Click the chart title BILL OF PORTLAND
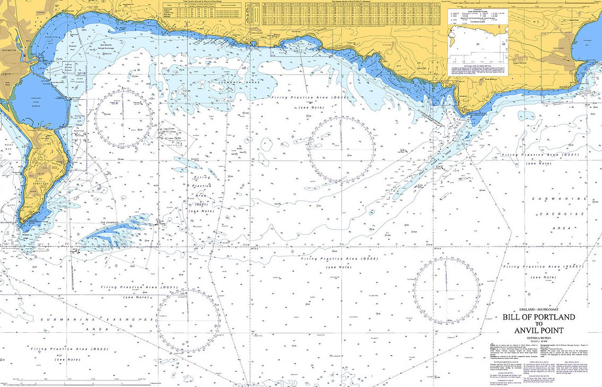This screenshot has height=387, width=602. click(539, 317)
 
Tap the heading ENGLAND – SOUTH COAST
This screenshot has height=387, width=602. click(539, 309)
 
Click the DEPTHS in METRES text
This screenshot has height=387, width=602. click(539, 339)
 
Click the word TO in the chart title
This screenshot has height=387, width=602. click(539, 324)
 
